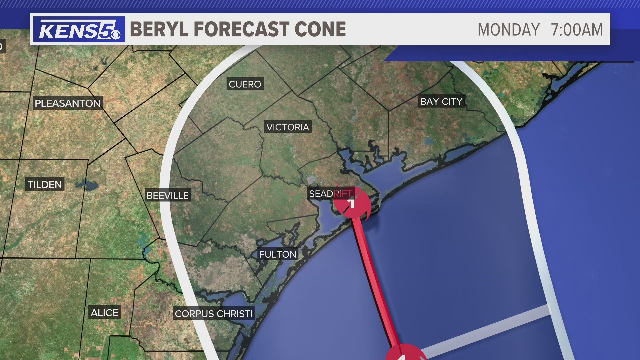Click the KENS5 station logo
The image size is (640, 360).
pyautogui.click(x=79, y=29)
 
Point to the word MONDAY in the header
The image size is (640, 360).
pyautogui.click(x=508, y=30)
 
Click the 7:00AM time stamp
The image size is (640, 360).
pyautogui.click(x=577, y=30)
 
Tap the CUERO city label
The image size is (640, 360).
pyautogui.click(x=245, y=84)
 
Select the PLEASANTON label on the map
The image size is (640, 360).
pyautogui.click(x=68, y=103)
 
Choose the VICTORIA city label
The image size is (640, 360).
pyautogui.click(x=288, y=127)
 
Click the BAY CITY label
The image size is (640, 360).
pyautogui.click(x=441, y=101)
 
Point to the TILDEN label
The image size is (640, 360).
pyautogui.click(x=45, y=184)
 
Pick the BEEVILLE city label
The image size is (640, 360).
pyautogui.click(x=168, y=195)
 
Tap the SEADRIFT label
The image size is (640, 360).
pyautogui.click(x=330, y=193)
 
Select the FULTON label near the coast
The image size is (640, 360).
pyautogui.click(x=278, y=254)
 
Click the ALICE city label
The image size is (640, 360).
pyautogui.click(x=104, y=313)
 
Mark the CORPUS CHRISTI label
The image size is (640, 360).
pyautogui.click(x=214, y=314)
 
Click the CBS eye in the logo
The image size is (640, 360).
pyautogui.click(x=115, y=34)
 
